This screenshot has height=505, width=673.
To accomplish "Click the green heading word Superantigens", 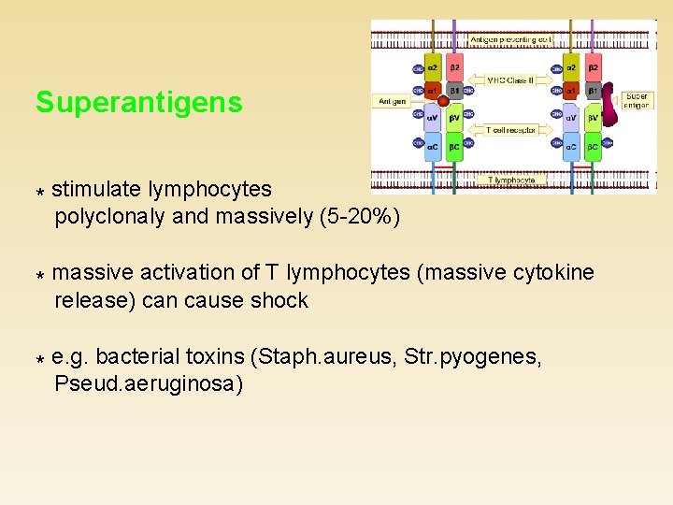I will tap(139, 102).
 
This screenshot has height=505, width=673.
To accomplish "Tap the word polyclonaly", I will tap(110, 217).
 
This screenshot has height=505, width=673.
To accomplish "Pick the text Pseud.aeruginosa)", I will tap(149, 384).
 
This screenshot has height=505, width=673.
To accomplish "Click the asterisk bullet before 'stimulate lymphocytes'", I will tap(40, 191).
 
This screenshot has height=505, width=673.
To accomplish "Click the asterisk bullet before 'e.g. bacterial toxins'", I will tap(40, 358).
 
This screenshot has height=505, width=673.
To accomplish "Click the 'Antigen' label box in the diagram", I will tap(394, 101).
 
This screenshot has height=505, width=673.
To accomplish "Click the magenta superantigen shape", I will tap(610, 106).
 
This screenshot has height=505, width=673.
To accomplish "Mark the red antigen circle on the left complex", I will tap(442, 100).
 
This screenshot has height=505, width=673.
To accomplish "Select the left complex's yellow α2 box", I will tap(433, 67).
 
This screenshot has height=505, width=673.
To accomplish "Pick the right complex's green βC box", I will tap(592, 147).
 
